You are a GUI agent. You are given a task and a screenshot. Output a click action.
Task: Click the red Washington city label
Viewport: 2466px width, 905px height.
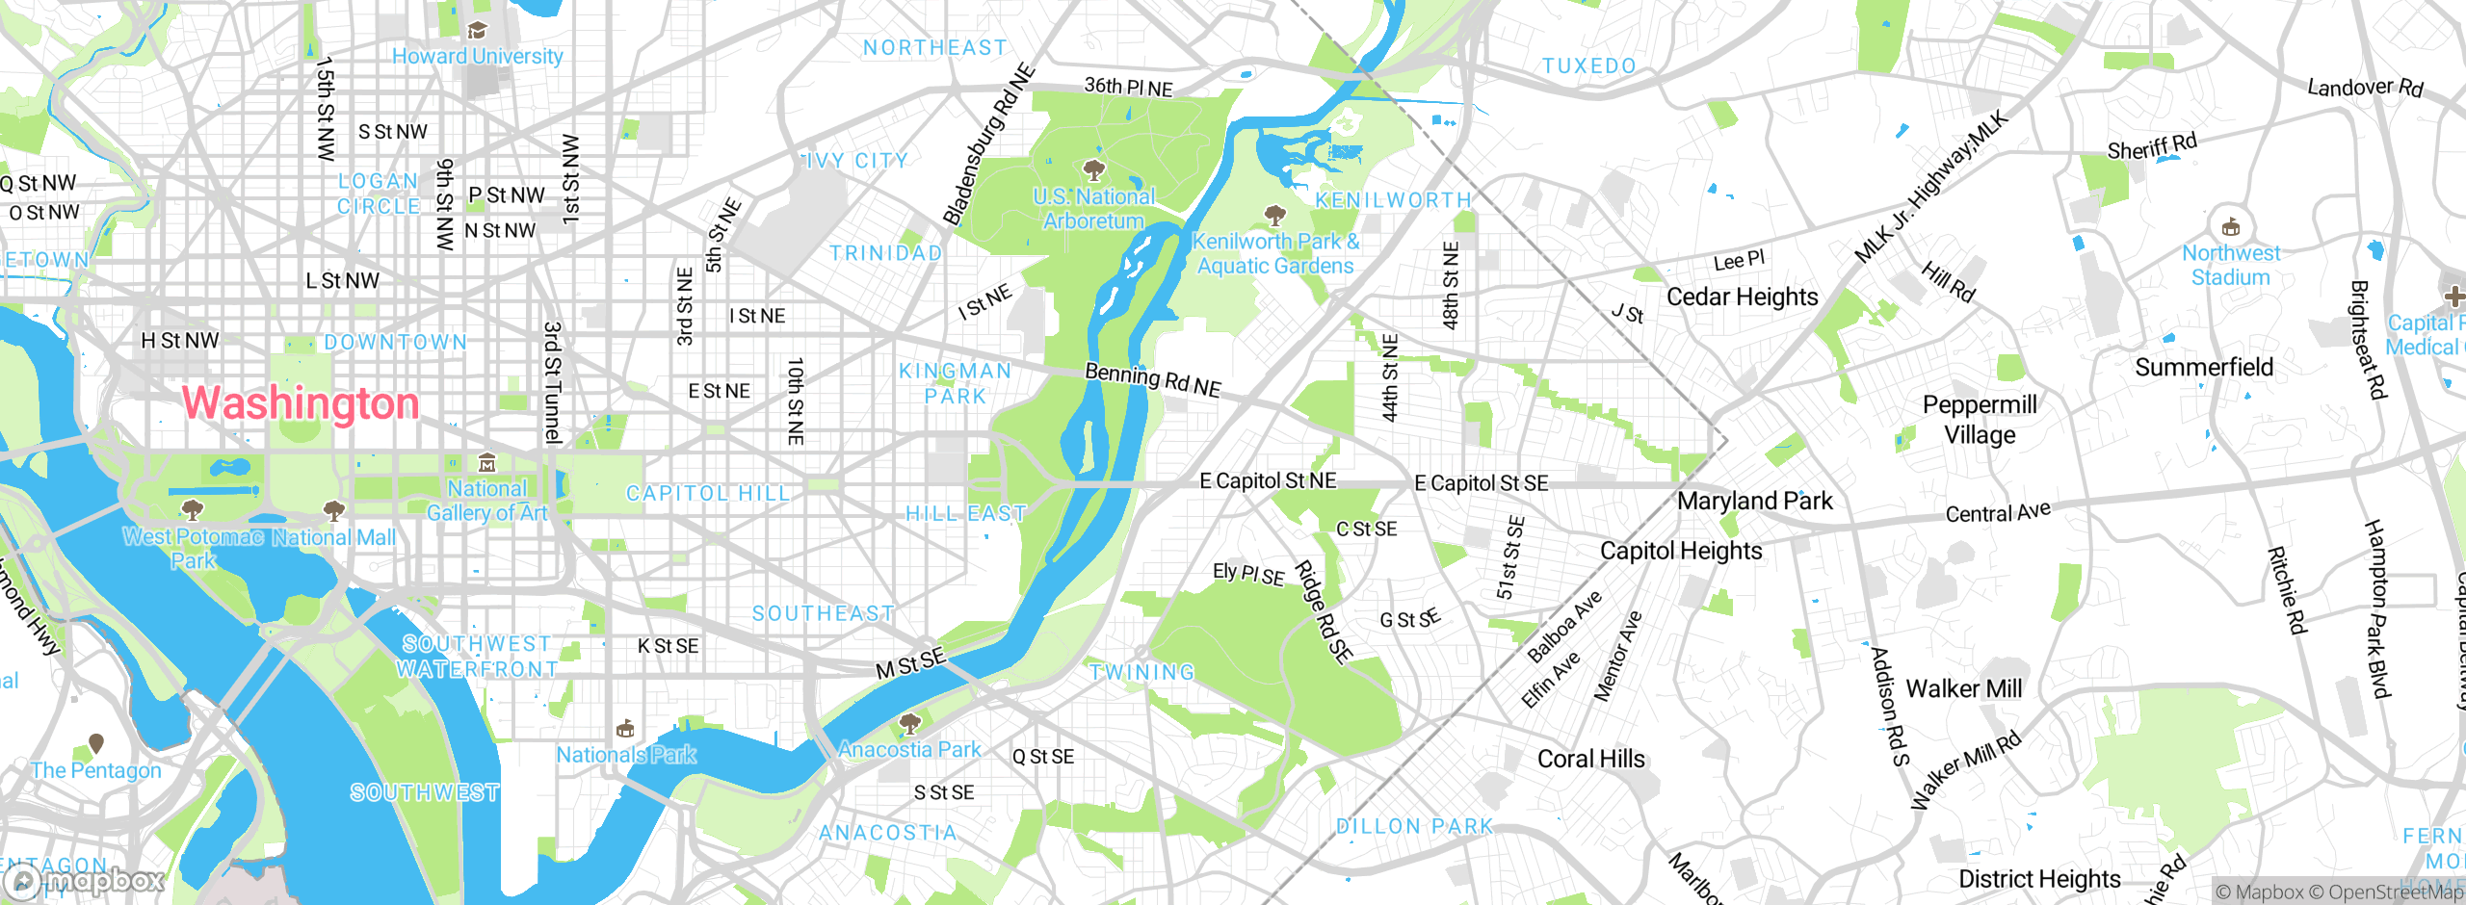pyautogui.click(x=301, y=403)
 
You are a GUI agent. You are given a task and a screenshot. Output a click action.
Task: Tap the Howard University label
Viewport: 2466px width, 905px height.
pyautogui.click(x=477, y=56)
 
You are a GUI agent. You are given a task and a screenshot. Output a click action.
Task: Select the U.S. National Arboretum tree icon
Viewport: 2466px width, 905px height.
pyautogui.click(x=1093, y=171)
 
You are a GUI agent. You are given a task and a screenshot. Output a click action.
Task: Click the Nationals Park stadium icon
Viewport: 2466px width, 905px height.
pyautogui.click(x=625, y=728)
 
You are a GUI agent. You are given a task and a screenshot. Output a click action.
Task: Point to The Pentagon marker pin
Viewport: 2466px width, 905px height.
pyautogui.click(x=96, y=743)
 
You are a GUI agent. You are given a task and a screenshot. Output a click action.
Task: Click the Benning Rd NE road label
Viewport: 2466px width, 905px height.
pyautogui.click(x=1153, y=379)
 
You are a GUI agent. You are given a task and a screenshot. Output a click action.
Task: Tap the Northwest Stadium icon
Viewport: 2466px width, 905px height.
pyautogui.click(x=2230, y=228)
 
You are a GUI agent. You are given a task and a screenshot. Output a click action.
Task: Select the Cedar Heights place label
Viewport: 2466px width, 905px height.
pyautogui.click(x=1742, y=297)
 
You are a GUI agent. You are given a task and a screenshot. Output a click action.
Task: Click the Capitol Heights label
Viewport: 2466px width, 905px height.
pyautogui.click(x=1681, y=551)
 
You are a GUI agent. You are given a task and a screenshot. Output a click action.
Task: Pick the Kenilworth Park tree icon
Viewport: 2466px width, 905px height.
pyautogui.click(x=1275, y=214)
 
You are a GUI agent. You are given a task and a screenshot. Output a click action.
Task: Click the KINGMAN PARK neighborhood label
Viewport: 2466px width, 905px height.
pyautogui.click(x=955, y=383)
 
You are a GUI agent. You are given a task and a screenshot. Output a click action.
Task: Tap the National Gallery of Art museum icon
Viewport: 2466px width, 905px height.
pyautogui.click(x=487, y=463)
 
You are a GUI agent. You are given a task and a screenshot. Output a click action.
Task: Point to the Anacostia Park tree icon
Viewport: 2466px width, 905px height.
pyautogui.click(x=909, y=722)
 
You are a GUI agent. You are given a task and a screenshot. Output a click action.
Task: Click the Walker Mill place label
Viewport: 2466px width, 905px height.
pyautogui.click(x=1963, y=688)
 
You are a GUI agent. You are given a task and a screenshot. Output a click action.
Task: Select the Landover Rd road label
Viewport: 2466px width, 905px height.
pyautogui.click(x=2365, y=88)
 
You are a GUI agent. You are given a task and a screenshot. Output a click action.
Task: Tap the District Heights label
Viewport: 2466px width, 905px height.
pyautogui.click(x=2039, y=878)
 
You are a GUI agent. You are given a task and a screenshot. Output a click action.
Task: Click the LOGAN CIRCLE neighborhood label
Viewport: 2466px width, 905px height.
pyautogui.click(x=379, y=194)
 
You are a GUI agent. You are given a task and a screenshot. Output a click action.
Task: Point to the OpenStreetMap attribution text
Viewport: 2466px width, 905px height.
pyautogui.click(x=2395, y=892)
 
